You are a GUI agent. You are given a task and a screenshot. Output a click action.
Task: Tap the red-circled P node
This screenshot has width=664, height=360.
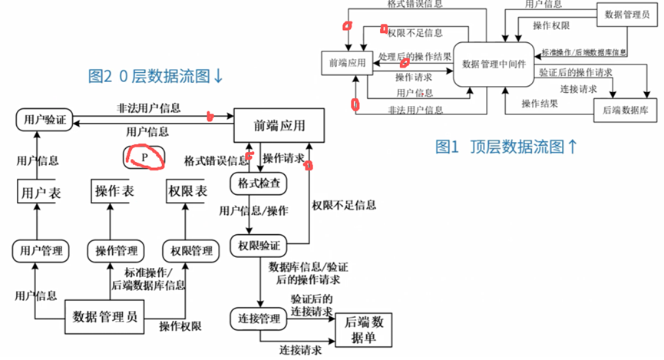[x=144, y=157]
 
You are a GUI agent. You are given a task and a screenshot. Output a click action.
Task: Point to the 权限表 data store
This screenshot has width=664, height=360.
[x=186, y=191]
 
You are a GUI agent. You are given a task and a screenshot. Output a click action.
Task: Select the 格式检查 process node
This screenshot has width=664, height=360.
[x=258, y=184]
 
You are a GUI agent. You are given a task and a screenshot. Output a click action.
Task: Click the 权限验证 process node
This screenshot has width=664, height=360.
[x=258, y=246]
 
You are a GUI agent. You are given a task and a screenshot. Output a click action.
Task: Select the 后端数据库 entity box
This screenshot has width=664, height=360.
[x=624, y=108]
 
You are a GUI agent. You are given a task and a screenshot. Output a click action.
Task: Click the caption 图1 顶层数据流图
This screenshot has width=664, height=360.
[x=506, y=147]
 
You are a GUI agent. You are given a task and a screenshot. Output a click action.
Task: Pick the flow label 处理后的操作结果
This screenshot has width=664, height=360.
[x=415, y=58]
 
